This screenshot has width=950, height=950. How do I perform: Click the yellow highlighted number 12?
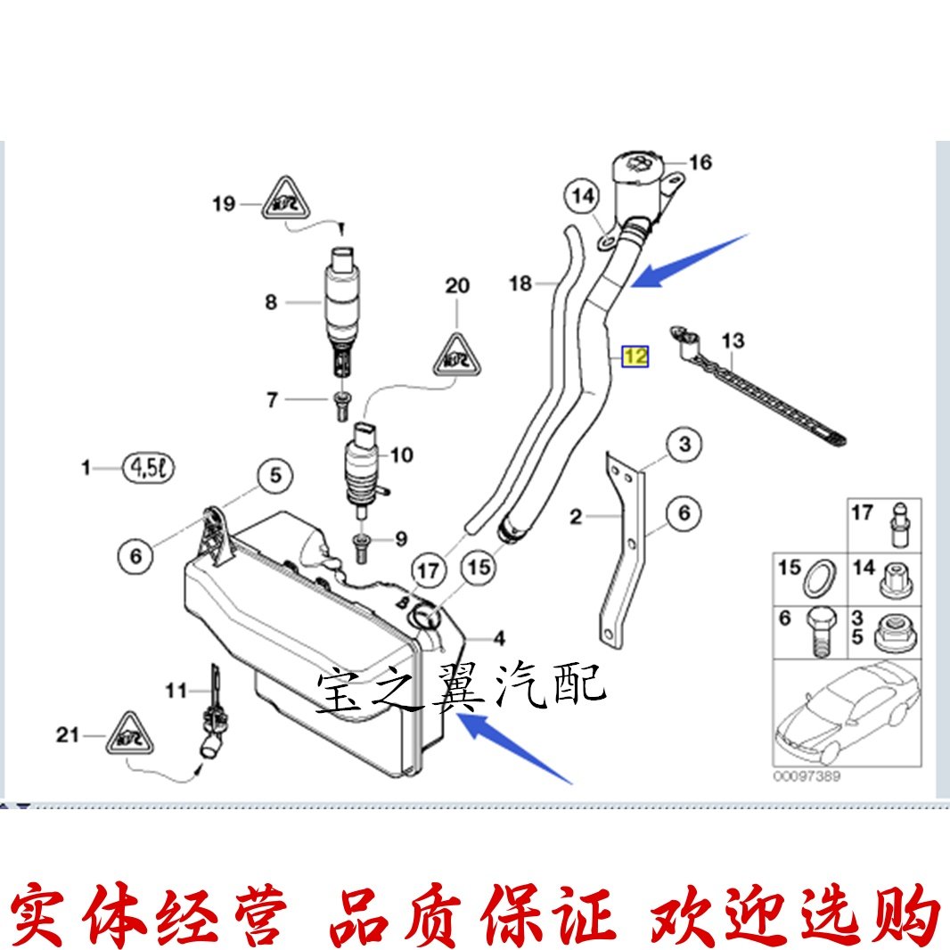pos(636,356)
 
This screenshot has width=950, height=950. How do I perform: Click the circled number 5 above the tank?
pos(274,476)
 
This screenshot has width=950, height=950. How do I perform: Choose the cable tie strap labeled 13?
pos(766,392)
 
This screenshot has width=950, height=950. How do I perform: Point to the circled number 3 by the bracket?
pos(684,444)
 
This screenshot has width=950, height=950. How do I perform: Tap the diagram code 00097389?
pos(807,776)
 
